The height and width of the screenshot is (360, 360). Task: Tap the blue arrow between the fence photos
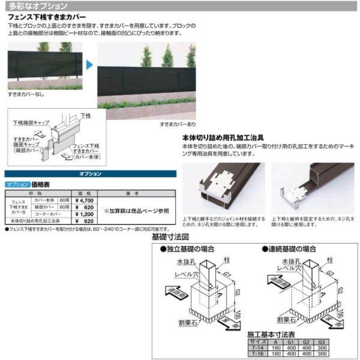[x=88, y=64]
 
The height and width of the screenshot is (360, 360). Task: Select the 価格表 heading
[x=40, y=185]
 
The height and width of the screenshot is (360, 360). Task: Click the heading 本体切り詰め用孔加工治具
[x=223, y=137]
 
